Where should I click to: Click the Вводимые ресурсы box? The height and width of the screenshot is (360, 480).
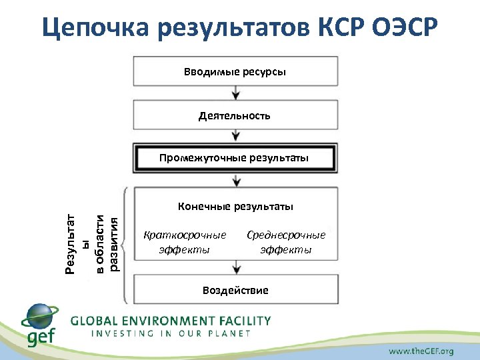click(235, 71)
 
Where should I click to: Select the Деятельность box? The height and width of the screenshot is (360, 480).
click(235, 115)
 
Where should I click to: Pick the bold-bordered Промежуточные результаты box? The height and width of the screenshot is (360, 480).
click(235, 158)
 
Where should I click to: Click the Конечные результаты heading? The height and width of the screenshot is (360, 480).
click(235, 207)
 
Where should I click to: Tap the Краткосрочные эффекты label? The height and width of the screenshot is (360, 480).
click(185, 242)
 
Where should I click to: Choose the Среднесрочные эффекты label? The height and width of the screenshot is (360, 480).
click(286, 242)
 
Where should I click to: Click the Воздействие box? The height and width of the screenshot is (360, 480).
click(235, 290)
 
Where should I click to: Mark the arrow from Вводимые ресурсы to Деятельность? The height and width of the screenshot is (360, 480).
click(235, 93)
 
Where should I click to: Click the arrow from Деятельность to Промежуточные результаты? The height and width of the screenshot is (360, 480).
click(235, 136)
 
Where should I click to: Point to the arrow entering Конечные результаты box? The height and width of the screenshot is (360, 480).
click(235, 180)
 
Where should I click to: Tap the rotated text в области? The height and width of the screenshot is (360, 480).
click(99, 244)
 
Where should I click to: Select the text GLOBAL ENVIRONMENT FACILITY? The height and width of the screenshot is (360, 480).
click(171, 321)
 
